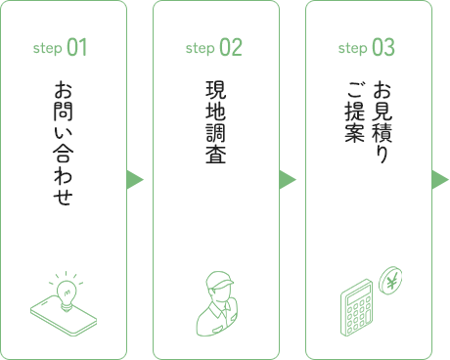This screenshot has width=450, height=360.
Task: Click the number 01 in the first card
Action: [x=77, y=47]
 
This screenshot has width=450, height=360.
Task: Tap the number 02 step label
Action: [x=231, y=47]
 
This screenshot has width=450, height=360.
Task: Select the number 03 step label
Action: [x=383, y=47]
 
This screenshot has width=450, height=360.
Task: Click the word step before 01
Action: [x=48, y=49]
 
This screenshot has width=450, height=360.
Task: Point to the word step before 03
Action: [x=353, y=49]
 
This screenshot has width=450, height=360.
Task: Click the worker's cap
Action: [x=219, y=280]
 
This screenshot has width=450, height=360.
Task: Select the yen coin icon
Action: [x=390, y=281]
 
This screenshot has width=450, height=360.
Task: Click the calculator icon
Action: [x=357, y=307]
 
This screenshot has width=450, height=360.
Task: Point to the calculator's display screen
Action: [x=359, y=293]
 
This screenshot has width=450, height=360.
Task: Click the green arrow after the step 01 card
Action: [x=134, y=180]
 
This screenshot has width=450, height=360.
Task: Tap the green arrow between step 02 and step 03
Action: [x=287, y=180]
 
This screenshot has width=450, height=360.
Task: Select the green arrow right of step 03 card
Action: [x=440, y=180]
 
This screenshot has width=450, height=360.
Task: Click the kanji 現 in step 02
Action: [x=216, y=90]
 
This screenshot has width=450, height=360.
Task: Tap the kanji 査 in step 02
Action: [x=216, y=154]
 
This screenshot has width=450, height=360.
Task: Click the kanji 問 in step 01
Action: [x=64, y=111]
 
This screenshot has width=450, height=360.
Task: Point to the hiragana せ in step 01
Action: [x=64, y=196]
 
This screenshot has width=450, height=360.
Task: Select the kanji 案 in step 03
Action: [x=355, y=132]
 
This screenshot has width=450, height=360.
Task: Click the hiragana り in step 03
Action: [x=382, y=154]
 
